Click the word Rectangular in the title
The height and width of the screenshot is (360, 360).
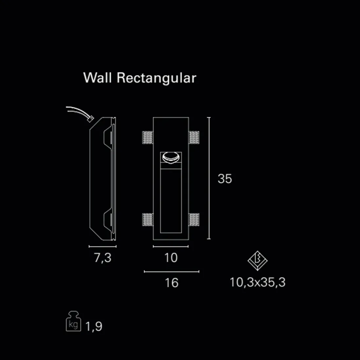[156, 79]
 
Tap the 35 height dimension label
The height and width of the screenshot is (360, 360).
[225, 179]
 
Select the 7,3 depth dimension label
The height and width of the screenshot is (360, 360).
[103, 258]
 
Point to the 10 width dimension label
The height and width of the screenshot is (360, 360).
[171, 258]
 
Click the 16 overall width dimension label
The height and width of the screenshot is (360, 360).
[171, 283]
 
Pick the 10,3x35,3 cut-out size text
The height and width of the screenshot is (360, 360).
[258, 282]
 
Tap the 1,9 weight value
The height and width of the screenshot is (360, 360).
[94, 326]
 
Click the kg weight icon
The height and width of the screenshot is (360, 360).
[73, 321]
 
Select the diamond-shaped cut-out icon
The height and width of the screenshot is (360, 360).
[258, 261]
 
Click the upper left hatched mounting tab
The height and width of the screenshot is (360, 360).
[148, 137]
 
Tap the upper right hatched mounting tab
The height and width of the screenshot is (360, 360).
[194, 137]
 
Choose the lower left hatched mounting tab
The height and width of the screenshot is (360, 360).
[148, 220]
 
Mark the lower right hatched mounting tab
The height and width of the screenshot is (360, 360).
[194, 220]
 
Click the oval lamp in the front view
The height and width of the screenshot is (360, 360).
[171, 158]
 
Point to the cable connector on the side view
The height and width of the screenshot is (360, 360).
[91, 119]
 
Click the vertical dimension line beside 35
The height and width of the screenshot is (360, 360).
[209, 178]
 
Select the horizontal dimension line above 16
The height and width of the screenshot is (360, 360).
[171, 272]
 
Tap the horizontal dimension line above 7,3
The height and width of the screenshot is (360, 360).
[103, 246]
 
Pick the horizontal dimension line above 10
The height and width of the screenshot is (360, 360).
[171, 246]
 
